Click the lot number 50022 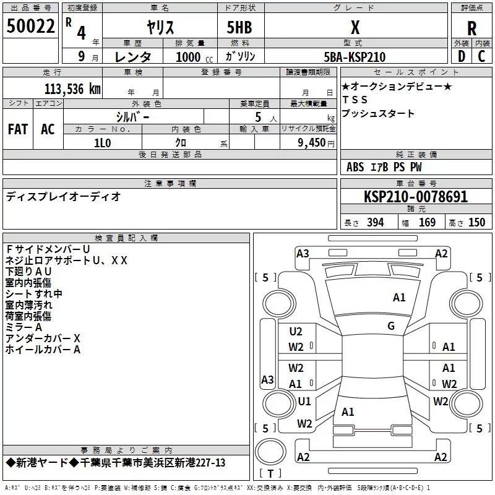30,27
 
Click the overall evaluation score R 471,28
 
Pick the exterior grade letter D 461,56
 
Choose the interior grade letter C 481,56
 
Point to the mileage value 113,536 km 72,88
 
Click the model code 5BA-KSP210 355,57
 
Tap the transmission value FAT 17,129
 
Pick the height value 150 476,223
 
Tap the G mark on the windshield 391,326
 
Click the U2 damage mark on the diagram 296,332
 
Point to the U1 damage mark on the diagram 304,401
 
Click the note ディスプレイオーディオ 63,197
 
